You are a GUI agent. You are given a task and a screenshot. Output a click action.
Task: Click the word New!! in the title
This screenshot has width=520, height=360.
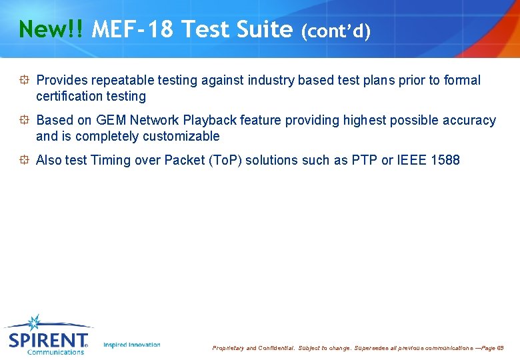point(51,30)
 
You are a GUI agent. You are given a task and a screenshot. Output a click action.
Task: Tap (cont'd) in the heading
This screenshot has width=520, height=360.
point(335,31)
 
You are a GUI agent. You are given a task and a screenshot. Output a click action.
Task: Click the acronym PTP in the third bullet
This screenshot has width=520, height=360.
point(363,161)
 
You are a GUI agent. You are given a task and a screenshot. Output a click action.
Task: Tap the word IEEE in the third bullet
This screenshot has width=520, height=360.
point(411,161)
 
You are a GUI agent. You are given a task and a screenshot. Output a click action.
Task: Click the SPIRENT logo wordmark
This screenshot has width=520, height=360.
point(47,341)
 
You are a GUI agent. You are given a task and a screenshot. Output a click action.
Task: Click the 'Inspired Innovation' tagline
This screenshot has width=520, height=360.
point(132,345)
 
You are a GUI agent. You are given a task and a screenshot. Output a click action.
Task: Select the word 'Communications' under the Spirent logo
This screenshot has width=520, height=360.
point(55,352)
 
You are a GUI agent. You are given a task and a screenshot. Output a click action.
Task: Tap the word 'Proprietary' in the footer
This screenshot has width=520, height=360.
point(228,348)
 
